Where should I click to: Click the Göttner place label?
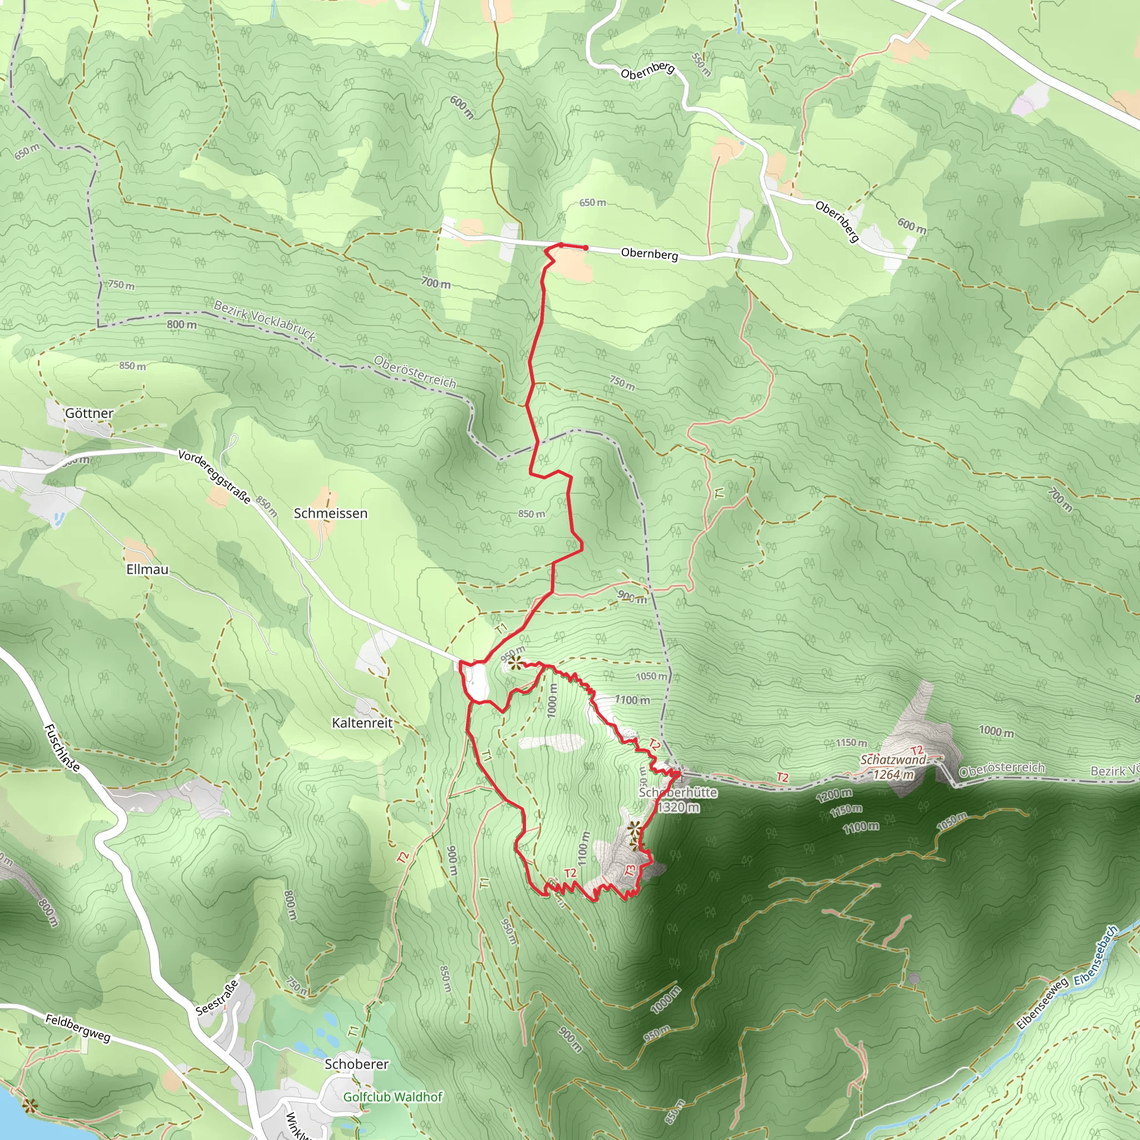click(x=89, y=413)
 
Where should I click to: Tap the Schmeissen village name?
click(x=331, y=513)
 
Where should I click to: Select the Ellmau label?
click(x=147, y=569)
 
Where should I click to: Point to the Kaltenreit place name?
click(x=362, y=723)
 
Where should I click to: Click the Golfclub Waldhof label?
click(x=392, y=1097)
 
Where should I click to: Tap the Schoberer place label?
click(x=356, y=1064)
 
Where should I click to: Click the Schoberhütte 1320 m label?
click(x=678, y=799)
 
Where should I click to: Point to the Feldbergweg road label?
click(x=78, y=1029)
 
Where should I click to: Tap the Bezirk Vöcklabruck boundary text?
click(x=264, y=321)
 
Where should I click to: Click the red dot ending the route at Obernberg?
click(x=586, y=248)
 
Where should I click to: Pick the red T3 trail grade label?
click(x=630, y=871)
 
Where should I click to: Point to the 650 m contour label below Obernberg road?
click(x=592, y=203)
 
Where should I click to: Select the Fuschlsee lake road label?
click(x=61, y=748)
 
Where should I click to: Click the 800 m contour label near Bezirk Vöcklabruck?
click(x=181, y=325)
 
